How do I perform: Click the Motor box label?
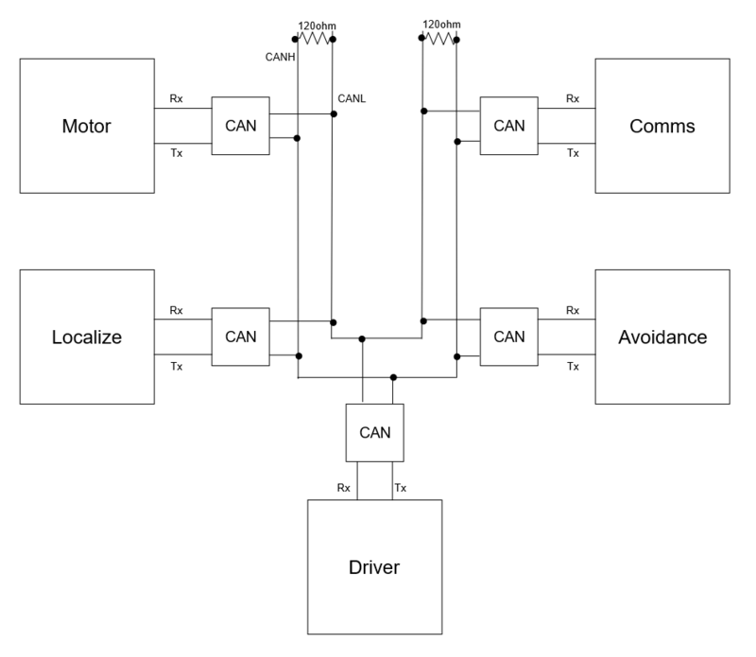pos(86,126)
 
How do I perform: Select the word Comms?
pos(662,126)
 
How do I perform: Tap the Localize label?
pos(87,337)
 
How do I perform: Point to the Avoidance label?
pos(662,337)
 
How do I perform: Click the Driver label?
pos(374,567)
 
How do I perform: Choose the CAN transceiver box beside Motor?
pos(241,126)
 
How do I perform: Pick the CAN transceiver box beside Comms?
pos(509,126)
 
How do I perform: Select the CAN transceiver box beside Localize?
pos(241,337)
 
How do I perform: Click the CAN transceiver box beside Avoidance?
pos(509,337)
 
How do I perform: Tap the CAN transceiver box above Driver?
pos(374,433)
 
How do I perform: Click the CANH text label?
pos(280,57)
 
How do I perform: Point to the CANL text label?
pos(352,98)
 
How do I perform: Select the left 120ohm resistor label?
pos(317,26)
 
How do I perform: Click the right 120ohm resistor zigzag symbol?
pos(439,39)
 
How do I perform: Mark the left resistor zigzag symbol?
pos(314,39)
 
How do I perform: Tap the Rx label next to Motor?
pos(176,98)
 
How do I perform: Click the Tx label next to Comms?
pos(573,153)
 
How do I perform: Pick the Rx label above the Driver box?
pos(343,488)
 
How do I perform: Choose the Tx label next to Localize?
pos(177,367)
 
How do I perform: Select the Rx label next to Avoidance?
pos(573,310)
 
